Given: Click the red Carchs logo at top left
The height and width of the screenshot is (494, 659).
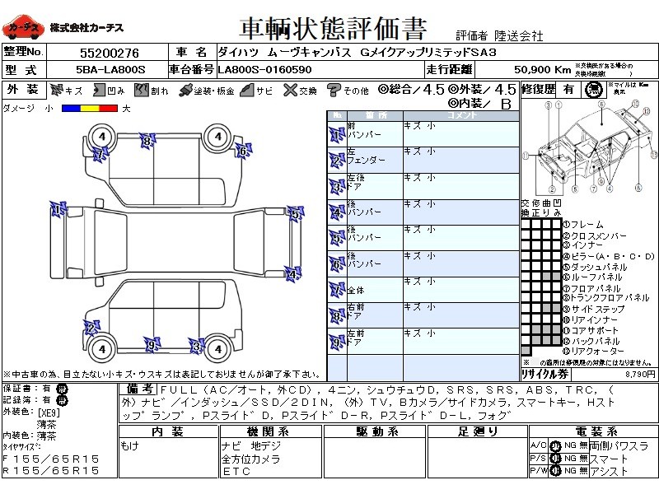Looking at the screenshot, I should [x=24, y=28].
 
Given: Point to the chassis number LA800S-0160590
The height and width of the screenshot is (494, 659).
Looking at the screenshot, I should [x=264, y=70].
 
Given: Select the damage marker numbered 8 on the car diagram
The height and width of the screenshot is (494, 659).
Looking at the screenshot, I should [x=147, y=141].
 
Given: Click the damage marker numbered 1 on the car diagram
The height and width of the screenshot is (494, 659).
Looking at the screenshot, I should [x=57, y=211].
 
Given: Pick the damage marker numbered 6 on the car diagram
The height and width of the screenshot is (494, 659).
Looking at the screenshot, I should [x=242, y=151].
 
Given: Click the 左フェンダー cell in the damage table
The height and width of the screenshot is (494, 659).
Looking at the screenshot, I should [x=363, y=156].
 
